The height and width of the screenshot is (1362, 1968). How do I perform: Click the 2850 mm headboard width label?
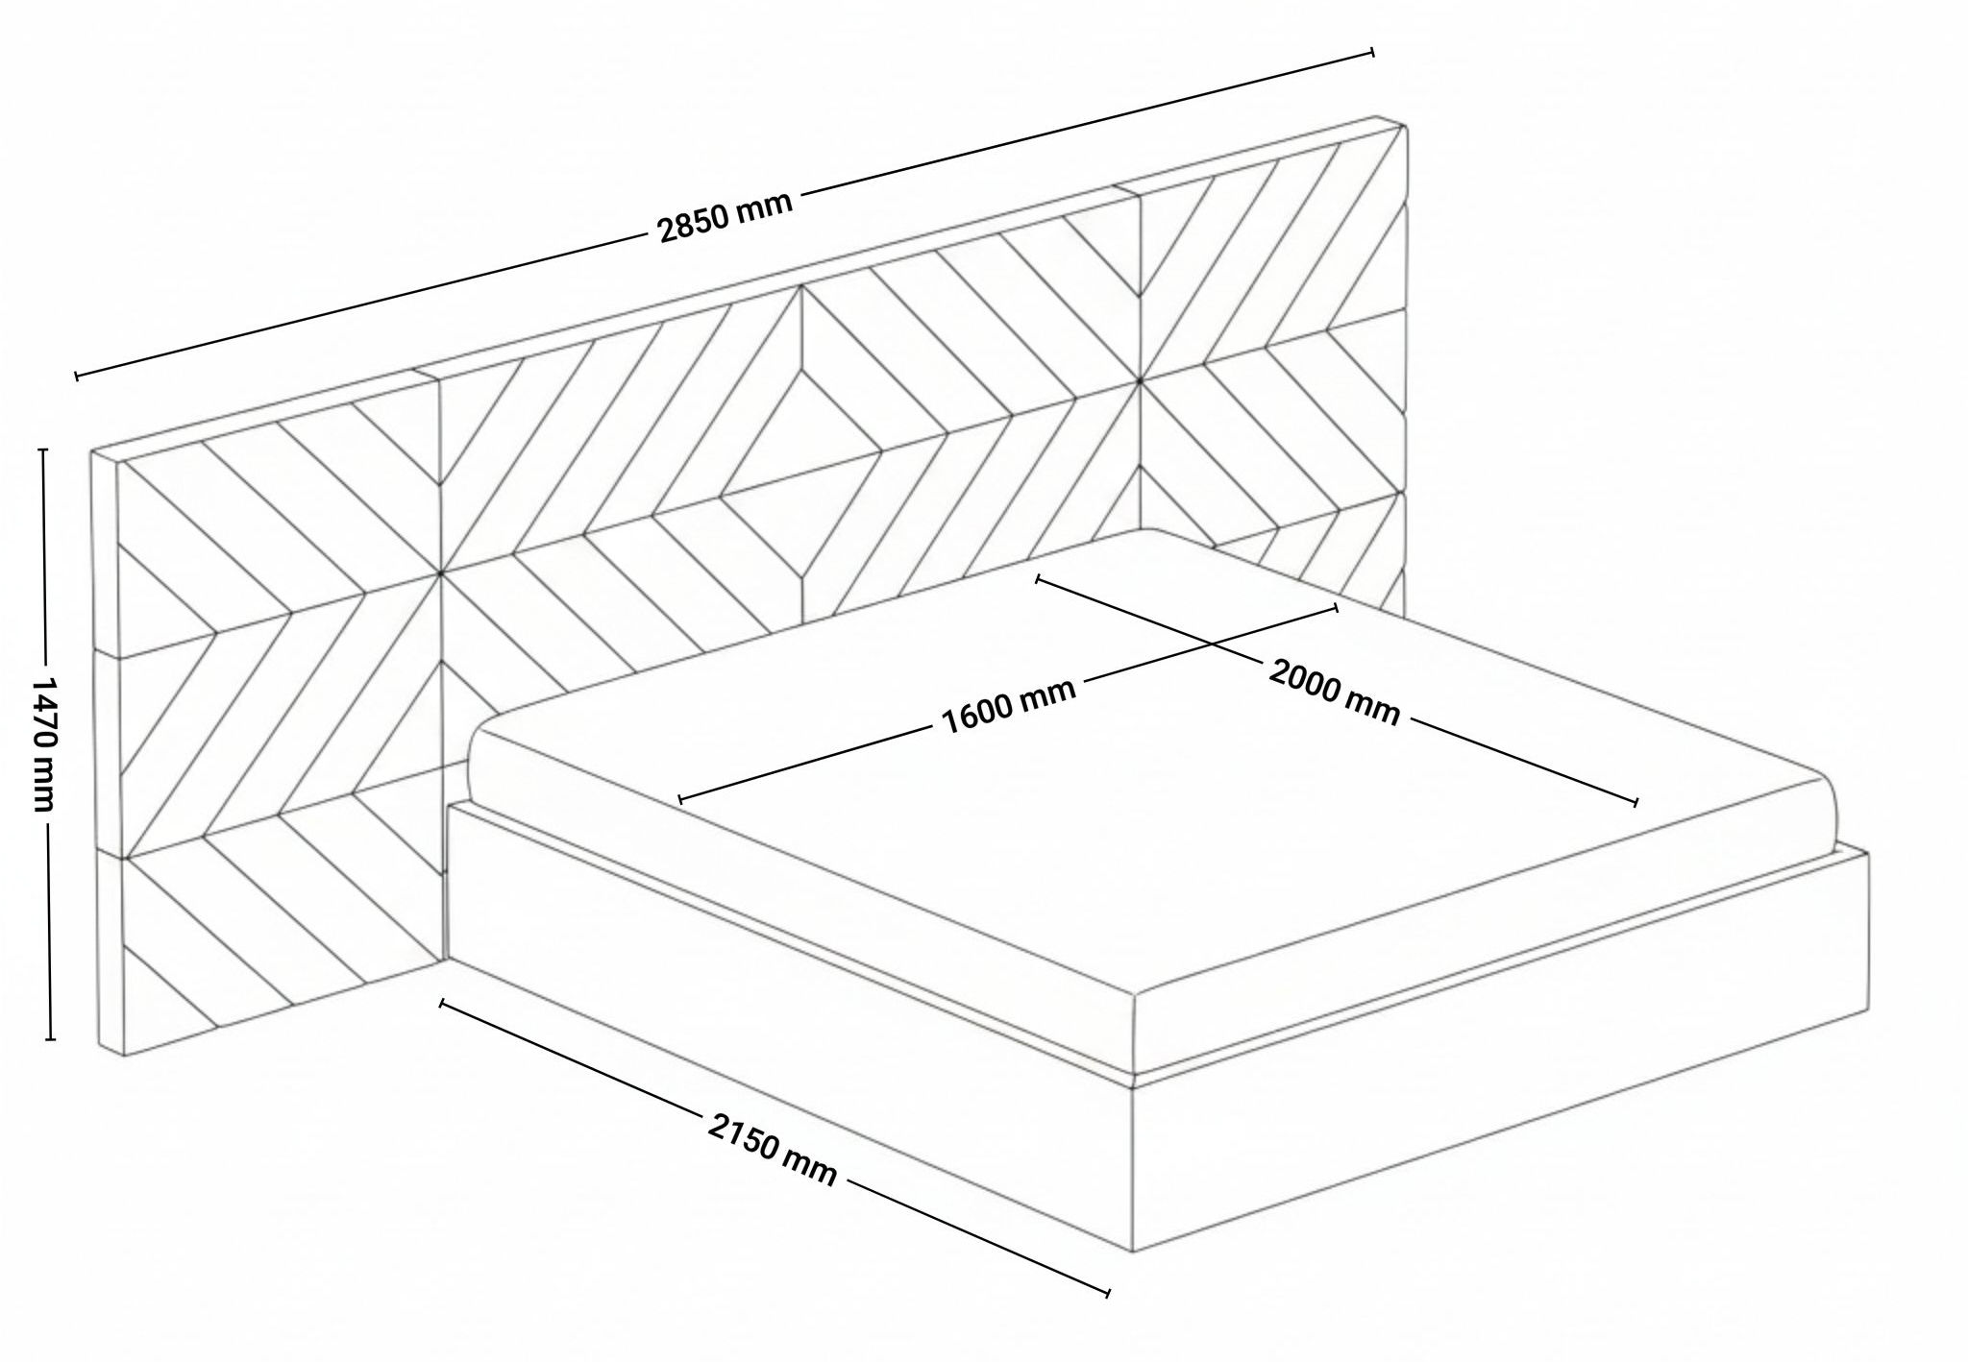click(x=726, y=216)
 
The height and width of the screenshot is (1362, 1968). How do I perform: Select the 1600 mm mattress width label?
click(x=1008, y=705)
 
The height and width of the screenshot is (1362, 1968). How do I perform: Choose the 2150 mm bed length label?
click(x=773, y=1149)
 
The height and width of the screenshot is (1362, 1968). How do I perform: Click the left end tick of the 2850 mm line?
click(x=76, y=376)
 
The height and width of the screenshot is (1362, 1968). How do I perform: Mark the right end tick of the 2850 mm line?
click(x=1372, y=52)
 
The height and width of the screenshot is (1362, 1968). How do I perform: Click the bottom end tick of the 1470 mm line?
click(x=51, y=1039)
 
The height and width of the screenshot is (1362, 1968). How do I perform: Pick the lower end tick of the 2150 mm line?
click(x=1109, y=1294)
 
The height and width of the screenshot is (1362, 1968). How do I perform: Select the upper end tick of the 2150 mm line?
click(x=441, y=1004)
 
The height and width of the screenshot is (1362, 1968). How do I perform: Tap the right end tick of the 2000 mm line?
click(x=1636, y=802)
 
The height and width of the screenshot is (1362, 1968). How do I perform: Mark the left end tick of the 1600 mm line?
click(x=680, y=798)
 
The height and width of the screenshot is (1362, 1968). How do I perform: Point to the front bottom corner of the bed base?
click(x=1135, y=1252)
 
